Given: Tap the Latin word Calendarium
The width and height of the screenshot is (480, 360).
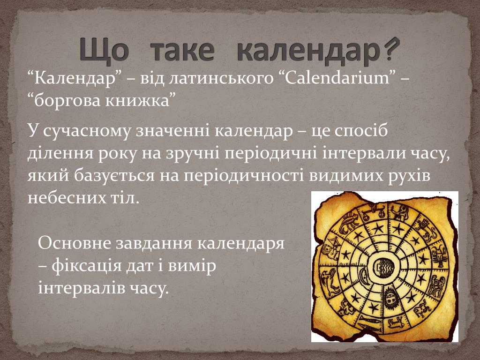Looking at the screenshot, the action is pyautogui.click(x=337, y=78).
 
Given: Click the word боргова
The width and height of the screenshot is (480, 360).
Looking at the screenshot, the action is pyautogui.click(x=67, y=101).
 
